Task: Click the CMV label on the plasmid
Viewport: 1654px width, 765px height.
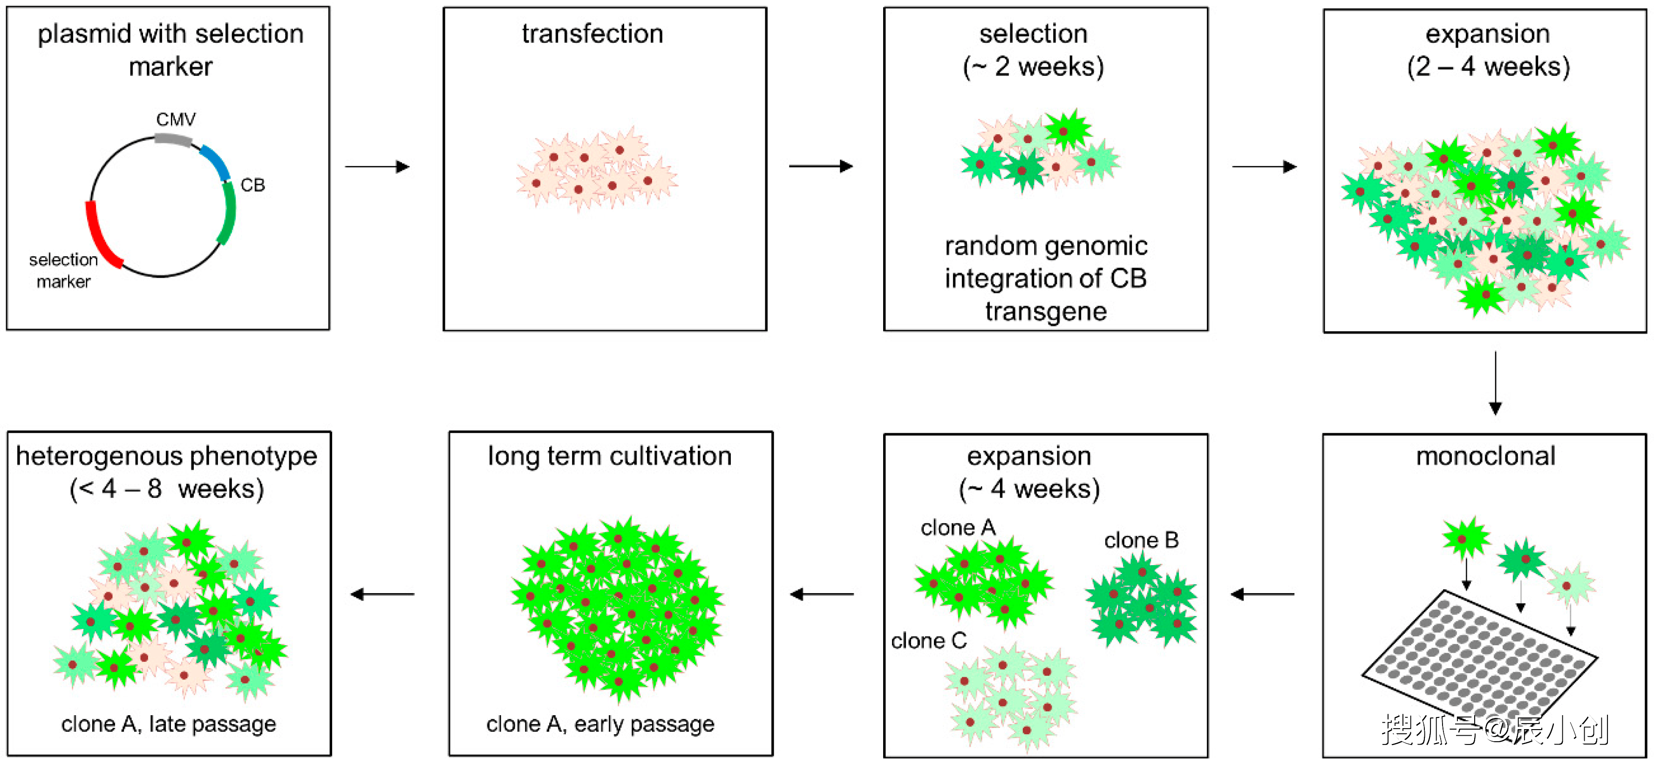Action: coord(175,119)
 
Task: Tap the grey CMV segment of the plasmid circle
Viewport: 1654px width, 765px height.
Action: coord(173,139)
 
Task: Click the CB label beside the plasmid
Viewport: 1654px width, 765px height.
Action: coord(252,185)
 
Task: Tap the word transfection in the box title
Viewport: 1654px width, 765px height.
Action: coord(592,34)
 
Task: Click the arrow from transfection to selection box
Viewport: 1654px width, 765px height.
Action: coord(821,166)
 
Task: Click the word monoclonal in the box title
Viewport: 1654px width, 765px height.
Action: coord(1485,456)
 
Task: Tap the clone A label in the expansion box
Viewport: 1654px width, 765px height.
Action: coord(957,528)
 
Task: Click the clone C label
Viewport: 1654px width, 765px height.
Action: coord(928,641)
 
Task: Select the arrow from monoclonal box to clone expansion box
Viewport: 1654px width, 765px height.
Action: coord(1262,594)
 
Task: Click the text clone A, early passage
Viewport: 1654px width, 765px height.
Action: coord(600,724)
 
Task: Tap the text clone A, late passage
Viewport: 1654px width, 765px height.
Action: coord(168,724)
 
